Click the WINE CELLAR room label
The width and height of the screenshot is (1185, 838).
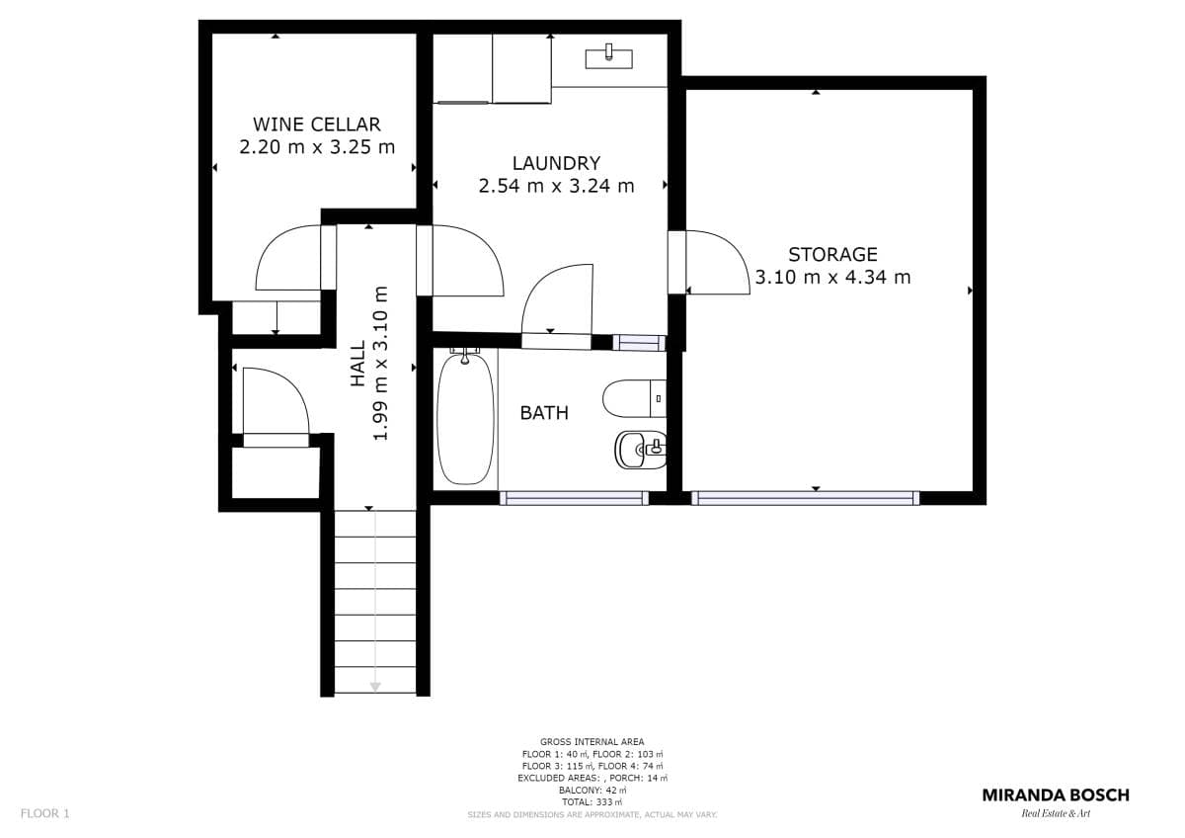coord(316,125)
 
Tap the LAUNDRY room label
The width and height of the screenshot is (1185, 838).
coord(556,164)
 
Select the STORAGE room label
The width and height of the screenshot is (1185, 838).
coord(832,255)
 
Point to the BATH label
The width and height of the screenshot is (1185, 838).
coord(544,413)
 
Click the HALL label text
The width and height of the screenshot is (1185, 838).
coord(358,363)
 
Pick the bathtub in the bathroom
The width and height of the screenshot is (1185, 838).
coord(465,417)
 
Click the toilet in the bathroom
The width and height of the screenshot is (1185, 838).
coord(634,398)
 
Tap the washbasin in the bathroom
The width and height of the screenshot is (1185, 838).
coord(640,450)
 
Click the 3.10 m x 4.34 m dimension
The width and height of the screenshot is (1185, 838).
coord(832,278)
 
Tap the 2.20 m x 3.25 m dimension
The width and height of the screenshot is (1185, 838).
coord(317,147)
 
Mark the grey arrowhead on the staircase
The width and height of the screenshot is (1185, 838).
coord(375,687)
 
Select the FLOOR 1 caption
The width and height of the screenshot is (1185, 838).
coord(45,813)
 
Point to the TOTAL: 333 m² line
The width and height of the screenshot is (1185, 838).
coord(592,802)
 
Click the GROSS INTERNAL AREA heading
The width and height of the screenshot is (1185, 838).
coord(592,742)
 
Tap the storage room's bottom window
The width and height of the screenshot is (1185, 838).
coord(805,498)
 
